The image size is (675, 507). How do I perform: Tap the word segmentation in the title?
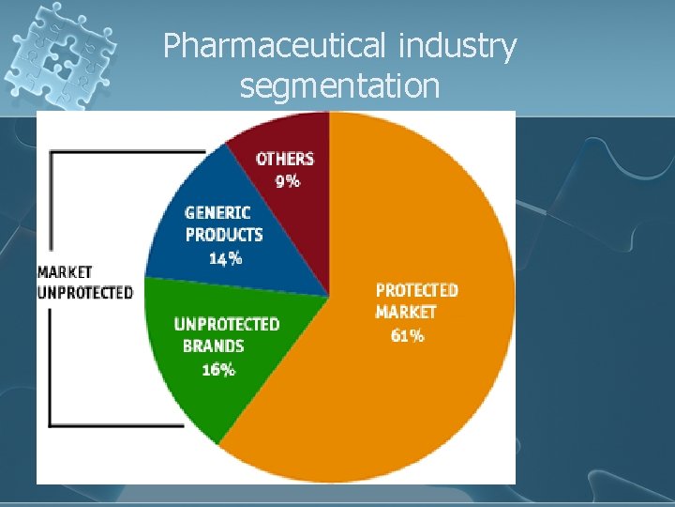[x=339, y=86]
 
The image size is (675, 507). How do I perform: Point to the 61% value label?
[x=407, y=335]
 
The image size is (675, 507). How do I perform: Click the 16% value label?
[x=218, y=369]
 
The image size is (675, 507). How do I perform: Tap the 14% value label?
[x=225, y=258]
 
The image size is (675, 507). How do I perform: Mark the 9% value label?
[x=287, y=181]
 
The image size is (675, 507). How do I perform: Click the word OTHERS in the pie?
[x=285, y=159]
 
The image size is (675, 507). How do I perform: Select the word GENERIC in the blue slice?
[x=217, y=212]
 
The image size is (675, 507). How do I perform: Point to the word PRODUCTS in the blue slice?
[x=224, y=235]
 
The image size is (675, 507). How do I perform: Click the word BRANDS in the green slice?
[x=214, y=346]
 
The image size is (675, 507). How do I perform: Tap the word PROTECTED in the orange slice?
[x=416, y=290]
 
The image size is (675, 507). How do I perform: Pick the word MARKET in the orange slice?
[x=406, y=313]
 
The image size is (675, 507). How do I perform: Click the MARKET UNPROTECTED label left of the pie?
[x=84, y=282]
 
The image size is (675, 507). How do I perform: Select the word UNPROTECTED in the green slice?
[x=227, y=324]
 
